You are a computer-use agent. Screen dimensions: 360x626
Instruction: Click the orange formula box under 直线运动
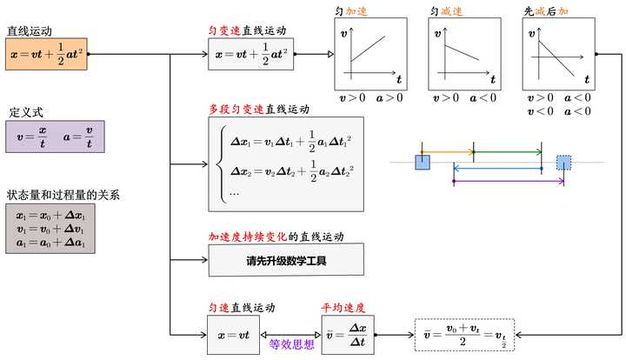point(47,54)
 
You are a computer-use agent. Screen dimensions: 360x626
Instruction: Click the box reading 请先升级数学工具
point(286,260)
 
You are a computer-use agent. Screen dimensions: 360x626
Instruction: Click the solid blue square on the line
point(423,163)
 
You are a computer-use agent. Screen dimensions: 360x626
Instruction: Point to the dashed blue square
point(564,163)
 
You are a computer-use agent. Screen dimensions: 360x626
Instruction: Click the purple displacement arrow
point(509,182)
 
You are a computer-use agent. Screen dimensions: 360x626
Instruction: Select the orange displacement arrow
point(447,153)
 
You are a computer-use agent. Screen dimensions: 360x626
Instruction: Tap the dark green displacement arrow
point(507,153)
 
